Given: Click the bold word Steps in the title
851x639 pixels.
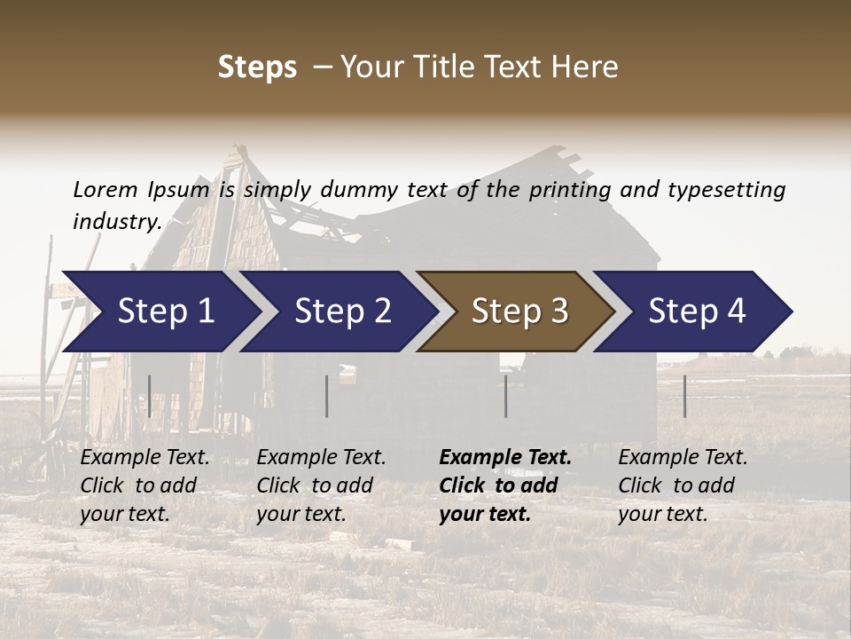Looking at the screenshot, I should [x=257, y=67].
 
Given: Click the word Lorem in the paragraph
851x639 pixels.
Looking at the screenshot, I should [x=105, y=189].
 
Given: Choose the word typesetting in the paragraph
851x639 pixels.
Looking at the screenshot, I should [x=726, y=189].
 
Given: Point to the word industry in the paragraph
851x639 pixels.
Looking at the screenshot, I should [x=115, y=221].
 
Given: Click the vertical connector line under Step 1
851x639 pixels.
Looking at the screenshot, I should [x=150, y=396].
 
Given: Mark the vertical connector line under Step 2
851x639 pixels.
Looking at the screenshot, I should [x=327, y=396].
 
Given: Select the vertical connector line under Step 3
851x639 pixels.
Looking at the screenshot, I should [x=505, y=396].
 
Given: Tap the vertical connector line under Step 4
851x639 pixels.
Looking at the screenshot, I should [x=684, y=396].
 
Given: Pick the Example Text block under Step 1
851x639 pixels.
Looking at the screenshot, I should [x=144, y=485].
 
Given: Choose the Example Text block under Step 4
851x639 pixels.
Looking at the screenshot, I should [x=683, y=485].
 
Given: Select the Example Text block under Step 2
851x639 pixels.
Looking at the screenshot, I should [x=321, y=485].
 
